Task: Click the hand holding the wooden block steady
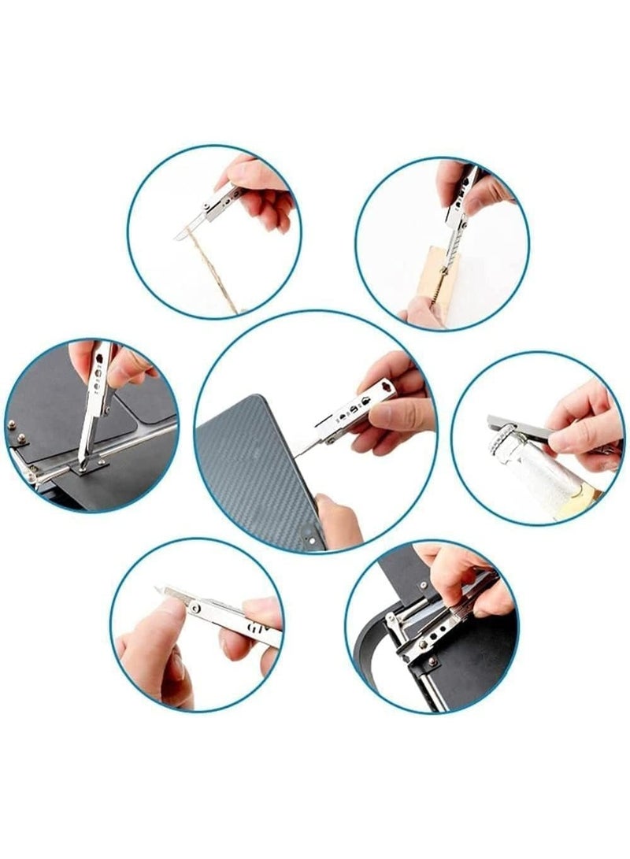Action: click(421, 313)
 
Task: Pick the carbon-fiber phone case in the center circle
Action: click(252, 472)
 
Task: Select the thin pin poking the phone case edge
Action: click(303, 449)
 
